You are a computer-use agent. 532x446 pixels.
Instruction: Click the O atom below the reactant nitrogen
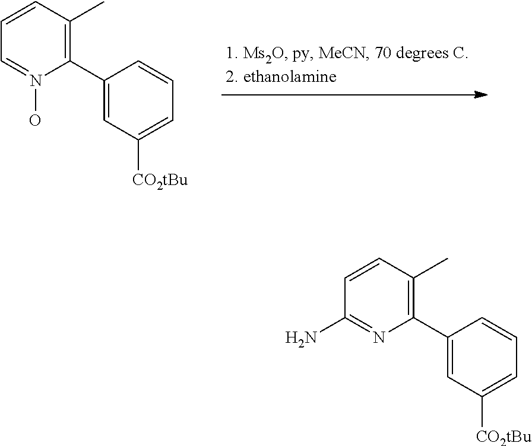click(35, 120)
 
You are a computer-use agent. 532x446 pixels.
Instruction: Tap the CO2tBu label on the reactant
click(160, 180)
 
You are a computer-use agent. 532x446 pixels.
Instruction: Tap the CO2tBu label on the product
click(504, 437)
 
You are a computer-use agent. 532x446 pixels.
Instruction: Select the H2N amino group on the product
click(301, 337)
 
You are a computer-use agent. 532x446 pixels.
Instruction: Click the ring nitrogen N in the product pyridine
click(379, 337)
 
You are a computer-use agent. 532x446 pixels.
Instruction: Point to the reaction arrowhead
click(480, 95)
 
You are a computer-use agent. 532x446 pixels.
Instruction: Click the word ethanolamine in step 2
click(290, 77)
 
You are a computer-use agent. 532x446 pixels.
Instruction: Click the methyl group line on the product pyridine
click(431, 269)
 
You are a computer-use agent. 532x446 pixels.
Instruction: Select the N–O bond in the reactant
click(36, 100)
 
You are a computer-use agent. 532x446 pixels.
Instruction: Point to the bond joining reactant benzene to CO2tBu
click(138, 155)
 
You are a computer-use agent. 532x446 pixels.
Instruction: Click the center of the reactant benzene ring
click(138, 100)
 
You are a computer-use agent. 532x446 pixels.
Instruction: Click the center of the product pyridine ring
click(379, 298)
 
